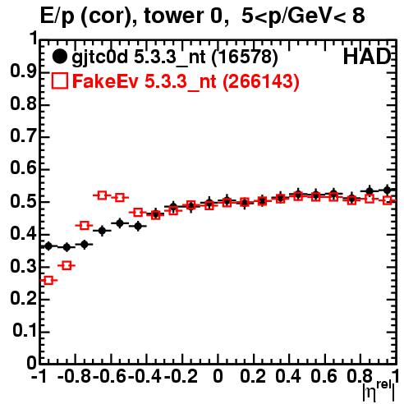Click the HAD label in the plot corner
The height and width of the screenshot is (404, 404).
click(367, 57)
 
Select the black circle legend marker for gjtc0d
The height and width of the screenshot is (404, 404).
click(59, 57)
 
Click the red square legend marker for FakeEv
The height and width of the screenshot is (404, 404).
click(59, 80)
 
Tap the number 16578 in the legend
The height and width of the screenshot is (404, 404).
click(245, 57)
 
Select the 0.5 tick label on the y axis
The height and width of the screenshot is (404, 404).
click(23, 202)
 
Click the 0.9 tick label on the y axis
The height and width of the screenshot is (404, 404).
click(23, 72)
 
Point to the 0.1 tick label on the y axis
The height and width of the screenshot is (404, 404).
click(24, 331)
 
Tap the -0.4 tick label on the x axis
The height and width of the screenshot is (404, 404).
click(145, 377)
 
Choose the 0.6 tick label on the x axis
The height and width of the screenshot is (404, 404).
click(324, 377)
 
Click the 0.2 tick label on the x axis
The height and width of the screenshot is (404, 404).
click(252, 377)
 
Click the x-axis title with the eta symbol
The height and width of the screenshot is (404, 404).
click(379, 391)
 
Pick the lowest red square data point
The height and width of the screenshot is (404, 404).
click(48, 280)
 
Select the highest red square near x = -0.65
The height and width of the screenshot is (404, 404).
click(102, 195)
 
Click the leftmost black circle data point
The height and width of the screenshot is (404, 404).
click(48, 246)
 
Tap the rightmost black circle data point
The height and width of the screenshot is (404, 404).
click(387, 190)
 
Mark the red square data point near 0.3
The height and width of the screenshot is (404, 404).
click(280, 199)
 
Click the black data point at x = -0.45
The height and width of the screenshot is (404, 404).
click(138, 226)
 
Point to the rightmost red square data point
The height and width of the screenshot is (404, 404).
click(388, 200)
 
